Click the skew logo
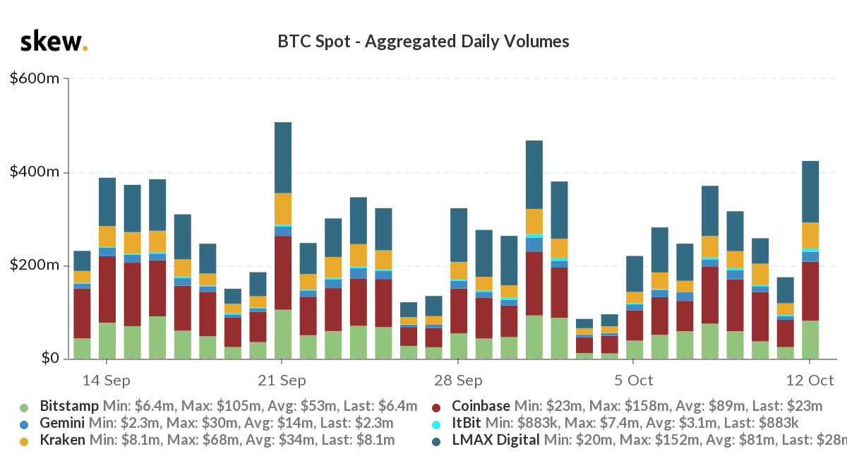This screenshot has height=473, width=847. [54, 42]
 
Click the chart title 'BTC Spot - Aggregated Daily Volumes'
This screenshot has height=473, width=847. [423, 42]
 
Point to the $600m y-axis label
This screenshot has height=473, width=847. [34, 78]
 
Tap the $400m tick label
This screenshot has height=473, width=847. [34, 172]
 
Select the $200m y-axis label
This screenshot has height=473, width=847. [34, 265]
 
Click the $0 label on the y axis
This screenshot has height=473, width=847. [45, 359]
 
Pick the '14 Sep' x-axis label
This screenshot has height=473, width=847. [107, 380]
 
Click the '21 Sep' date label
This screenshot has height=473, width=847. [282, 380]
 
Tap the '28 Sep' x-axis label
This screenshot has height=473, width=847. [458, 380]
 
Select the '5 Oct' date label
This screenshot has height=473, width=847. [634, 380]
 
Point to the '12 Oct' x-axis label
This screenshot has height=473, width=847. [810, 380]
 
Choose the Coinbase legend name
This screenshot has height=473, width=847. [480, 406]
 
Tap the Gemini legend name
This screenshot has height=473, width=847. [62, 423]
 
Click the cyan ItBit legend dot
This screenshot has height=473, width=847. [435, 424]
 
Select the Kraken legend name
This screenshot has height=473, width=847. [63, 440]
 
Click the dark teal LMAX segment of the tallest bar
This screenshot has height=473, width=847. [283, 157]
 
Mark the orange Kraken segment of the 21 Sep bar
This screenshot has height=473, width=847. [283, 208]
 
